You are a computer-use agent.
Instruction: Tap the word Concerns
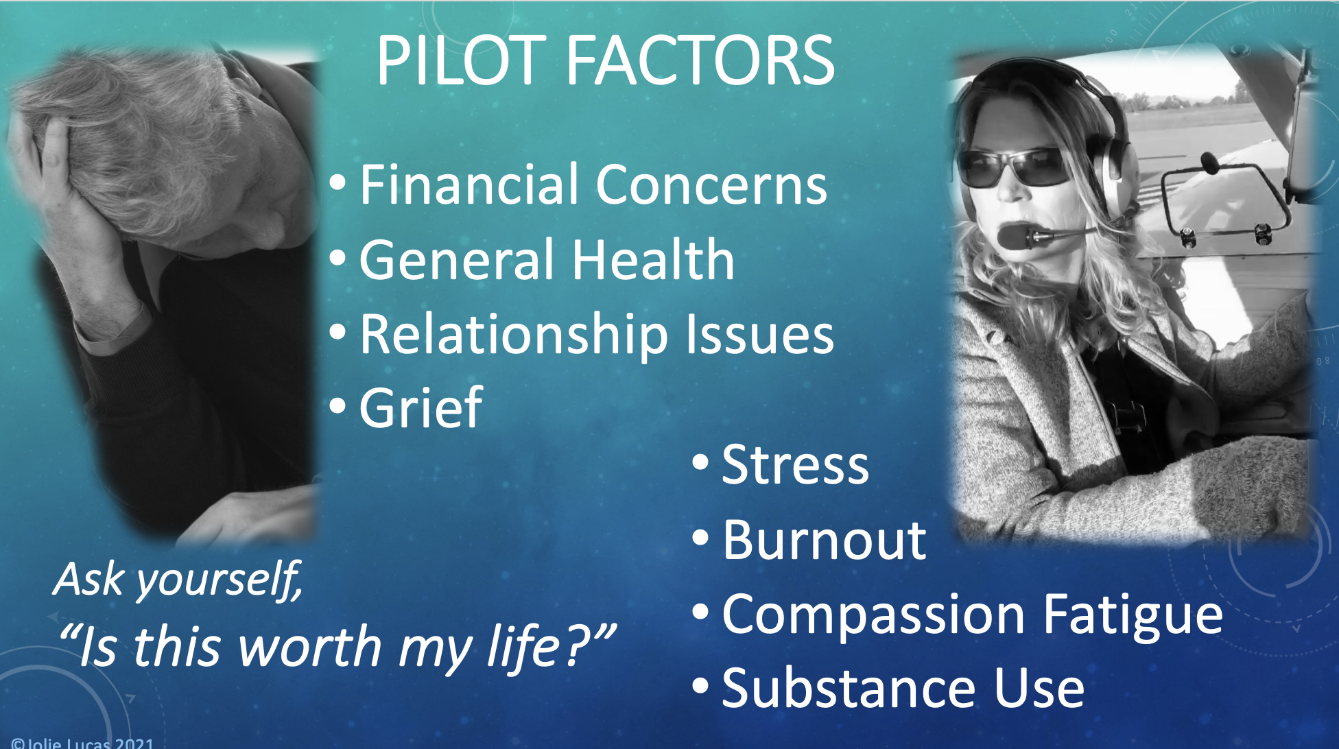pos(712,185)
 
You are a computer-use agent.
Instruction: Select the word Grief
pos(420,407)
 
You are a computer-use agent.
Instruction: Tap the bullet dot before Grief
pos(337,406)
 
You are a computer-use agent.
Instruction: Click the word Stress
pos(796,465)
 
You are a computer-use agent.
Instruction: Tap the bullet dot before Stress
pos(700,462)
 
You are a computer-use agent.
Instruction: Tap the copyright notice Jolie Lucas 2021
pos(82,743)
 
